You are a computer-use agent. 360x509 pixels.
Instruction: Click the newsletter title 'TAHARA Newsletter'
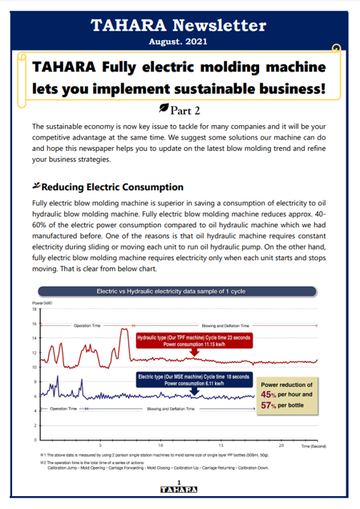(x=179, y=26)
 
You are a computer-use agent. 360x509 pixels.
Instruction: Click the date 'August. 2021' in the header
(x=179, y=43)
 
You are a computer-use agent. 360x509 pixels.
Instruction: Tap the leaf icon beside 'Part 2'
(x=166, y=108)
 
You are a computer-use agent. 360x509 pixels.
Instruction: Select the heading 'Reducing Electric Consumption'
(x=112, y=187)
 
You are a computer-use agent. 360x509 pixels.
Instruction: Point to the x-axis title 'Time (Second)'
(x=314, y=445)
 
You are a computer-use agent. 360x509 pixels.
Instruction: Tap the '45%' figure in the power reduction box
(x=269, y=394)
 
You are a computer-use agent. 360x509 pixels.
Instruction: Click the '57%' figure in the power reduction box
(x=269, y=405)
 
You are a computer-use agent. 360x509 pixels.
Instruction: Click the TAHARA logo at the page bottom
(x=179, y=490)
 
